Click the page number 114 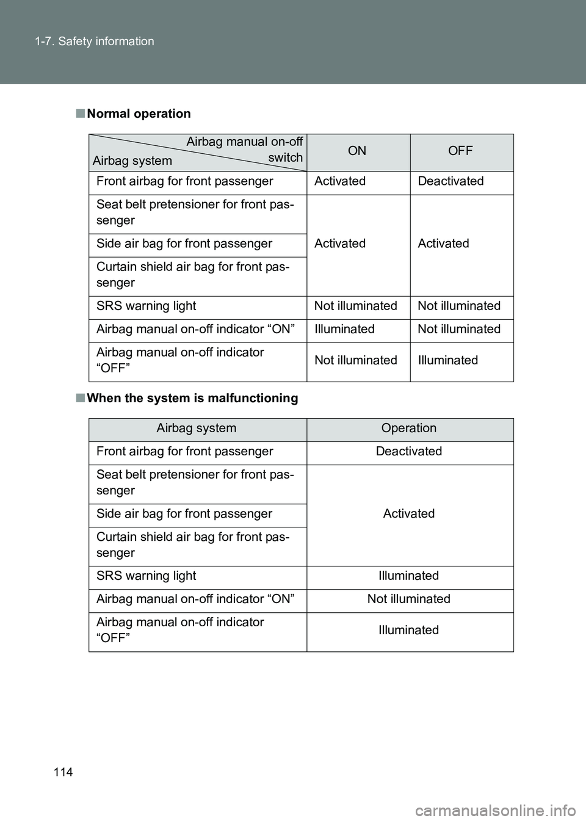point(63,772)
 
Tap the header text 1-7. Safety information point(94,42)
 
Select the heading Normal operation point(139,114)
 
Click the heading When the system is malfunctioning point(192,398)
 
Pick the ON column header point(357,151)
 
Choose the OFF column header point(460,151)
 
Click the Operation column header point(408,429)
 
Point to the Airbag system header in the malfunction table point(196,429)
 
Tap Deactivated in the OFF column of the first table point(450,181)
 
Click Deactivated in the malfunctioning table point(408,452)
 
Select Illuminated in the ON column point(344,330)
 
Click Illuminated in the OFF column point(447,360)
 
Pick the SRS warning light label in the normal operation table point(146,306)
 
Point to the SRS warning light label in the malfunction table point(146,576)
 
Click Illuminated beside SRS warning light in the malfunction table point(408,576)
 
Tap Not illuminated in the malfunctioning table point(408,599)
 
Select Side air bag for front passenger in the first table point(184,244)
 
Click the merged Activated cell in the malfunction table point(408,514)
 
